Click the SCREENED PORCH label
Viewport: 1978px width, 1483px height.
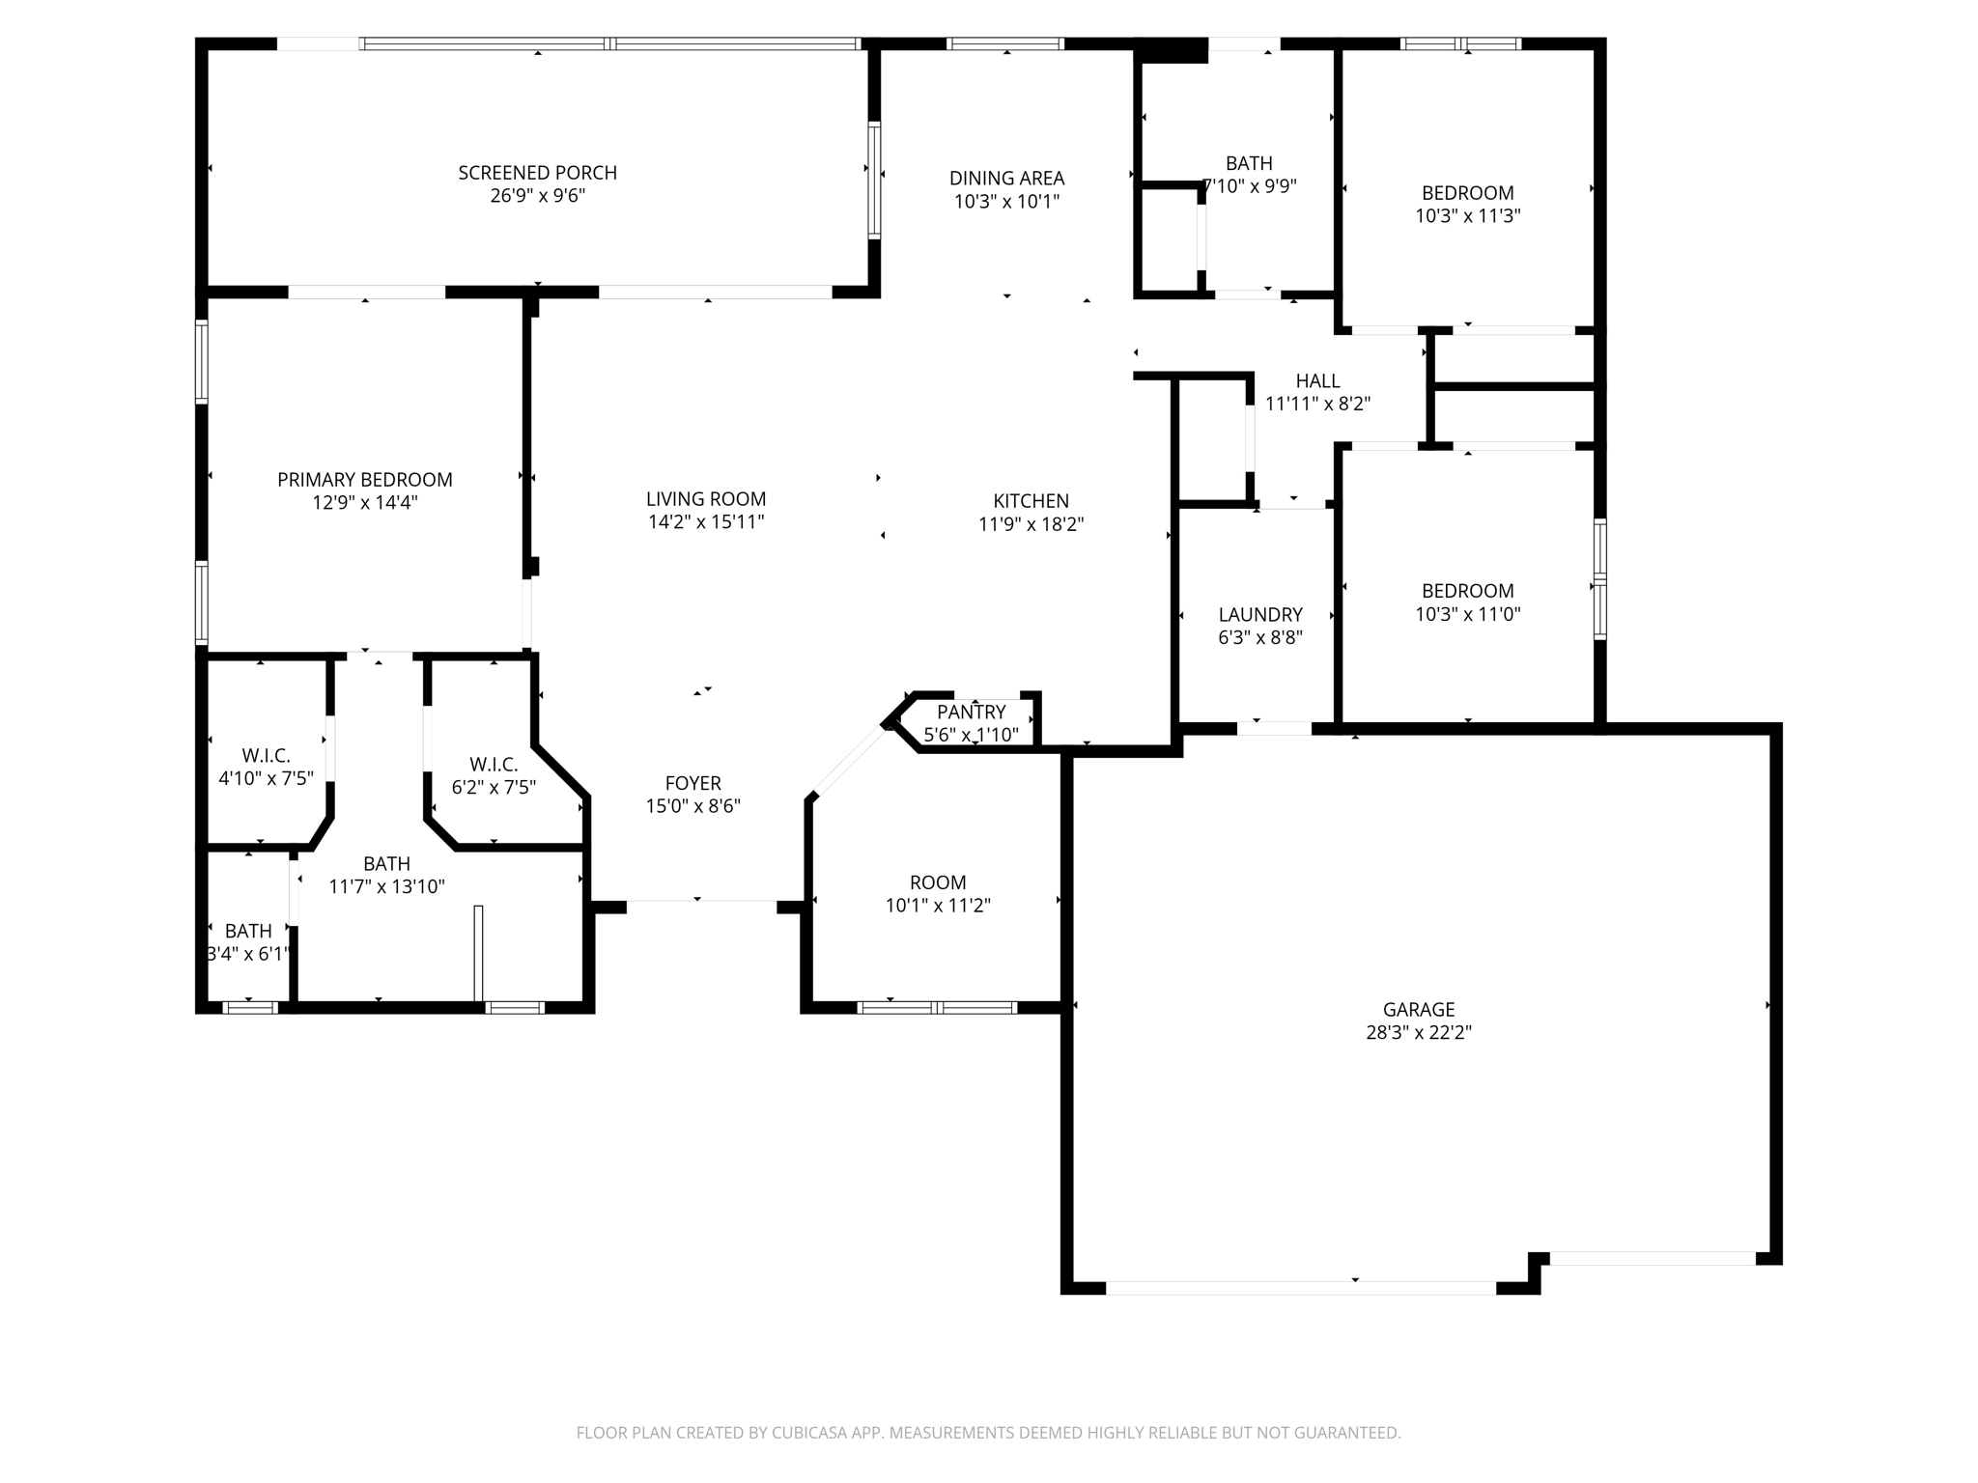[537, 173]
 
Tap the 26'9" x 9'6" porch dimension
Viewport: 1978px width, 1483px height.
[537, 196]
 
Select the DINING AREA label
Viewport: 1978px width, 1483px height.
[1006, 179]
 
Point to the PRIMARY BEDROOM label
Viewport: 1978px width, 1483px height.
[364, 480]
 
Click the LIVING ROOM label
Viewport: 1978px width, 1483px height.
[706, 499]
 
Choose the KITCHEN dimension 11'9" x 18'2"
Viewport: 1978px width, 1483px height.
[1031, 524]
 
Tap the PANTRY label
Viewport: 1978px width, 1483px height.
[971, 713]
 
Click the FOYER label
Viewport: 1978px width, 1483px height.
[692, 783]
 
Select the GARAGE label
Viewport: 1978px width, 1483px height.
[1418, 1010]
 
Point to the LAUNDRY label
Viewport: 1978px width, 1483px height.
[1260, 615]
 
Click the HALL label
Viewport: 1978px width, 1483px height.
[1317, 381]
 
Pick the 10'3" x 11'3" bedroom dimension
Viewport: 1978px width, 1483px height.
[1467, 216]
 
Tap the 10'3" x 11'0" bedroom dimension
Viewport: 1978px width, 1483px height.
[1467, 614]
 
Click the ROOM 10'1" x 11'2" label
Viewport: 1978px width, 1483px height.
[937, 882]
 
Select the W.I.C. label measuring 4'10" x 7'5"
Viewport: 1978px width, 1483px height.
[266, 756]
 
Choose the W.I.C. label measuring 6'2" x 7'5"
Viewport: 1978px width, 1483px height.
[494, 765]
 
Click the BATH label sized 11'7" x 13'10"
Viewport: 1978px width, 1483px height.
[386, 864]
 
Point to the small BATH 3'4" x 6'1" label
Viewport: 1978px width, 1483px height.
[248, 932]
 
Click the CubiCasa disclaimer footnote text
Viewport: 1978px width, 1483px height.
[988, 1433]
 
